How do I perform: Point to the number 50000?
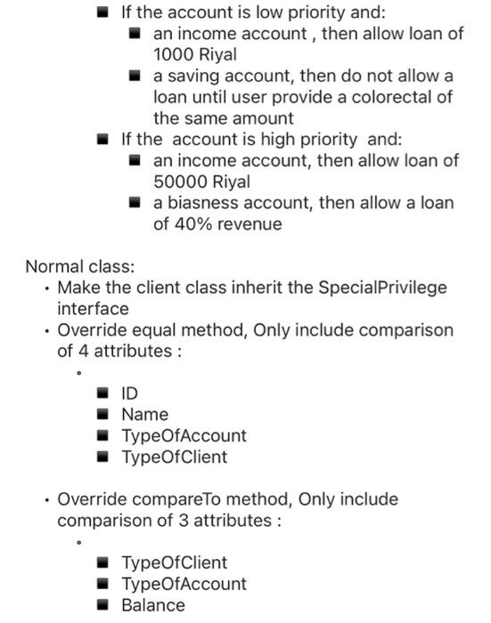click(181, 182)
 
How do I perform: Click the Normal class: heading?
click(79, 266)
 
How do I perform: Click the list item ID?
click(130, 393)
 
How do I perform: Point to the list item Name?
click(144, 415)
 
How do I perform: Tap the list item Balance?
click(153, 605)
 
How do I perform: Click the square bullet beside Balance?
click(104, 605)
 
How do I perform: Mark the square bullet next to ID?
click(104, 393)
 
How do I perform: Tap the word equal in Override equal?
click(143, 330)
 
